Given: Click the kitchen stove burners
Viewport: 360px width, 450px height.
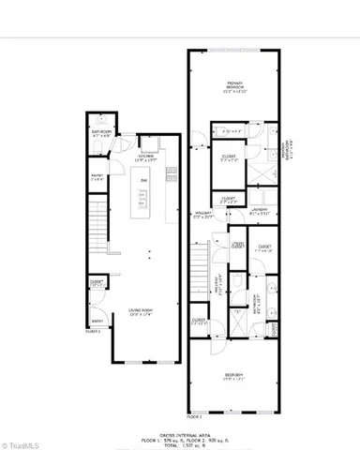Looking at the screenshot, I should point(171,173).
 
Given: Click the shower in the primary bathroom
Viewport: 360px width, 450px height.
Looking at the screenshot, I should point(232,131).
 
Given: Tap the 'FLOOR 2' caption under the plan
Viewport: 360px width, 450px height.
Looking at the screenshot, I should point(195,413).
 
